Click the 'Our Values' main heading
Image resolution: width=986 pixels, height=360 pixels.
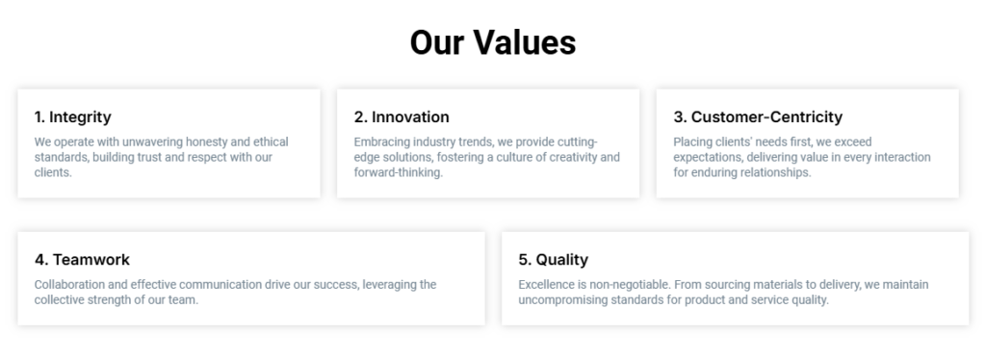click(493, 42)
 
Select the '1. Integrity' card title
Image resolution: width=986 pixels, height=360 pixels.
click(73, 116)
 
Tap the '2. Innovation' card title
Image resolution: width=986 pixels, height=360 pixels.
click(402, 116)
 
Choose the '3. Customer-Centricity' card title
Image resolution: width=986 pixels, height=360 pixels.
click(758, 116)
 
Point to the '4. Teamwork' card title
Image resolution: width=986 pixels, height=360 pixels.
click(83, 260)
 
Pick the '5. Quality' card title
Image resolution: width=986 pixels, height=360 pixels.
click(554, 260)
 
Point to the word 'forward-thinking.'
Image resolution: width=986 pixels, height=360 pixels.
click(399, 172)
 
